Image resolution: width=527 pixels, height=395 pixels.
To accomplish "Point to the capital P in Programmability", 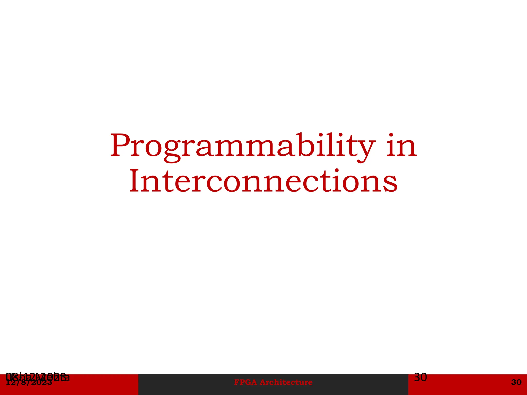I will [x=121, y=145].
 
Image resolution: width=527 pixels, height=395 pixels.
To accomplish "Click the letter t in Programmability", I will [x=346, y=147].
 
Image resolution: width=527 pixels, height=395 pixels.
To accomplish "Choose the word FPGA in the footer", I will [x=245, y=382].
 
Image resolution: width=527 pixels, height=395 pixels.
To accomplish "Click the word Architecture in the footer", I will [x=286, y=382].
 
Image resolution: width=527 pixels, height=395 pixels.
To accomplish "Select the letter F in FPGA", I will [x=236, y=382].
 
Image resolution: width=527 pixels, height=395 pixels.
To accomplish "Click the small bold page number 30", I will [x=516, y=382].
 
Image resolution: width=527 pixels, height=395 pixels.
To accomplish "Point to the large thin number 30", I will [x=420, y=377].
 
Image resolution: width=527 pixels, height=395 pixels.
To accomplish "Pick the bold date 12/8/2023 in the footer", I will [x=29, y=383].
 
